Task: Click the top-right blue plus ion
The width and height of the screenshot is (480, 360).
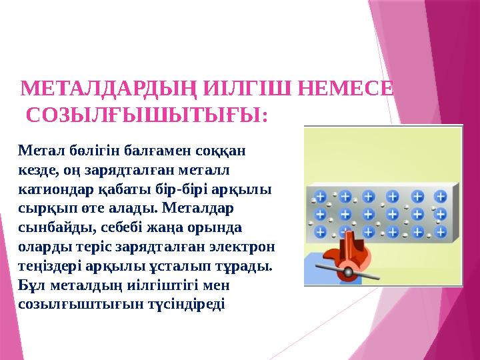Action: pos(441,197)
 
